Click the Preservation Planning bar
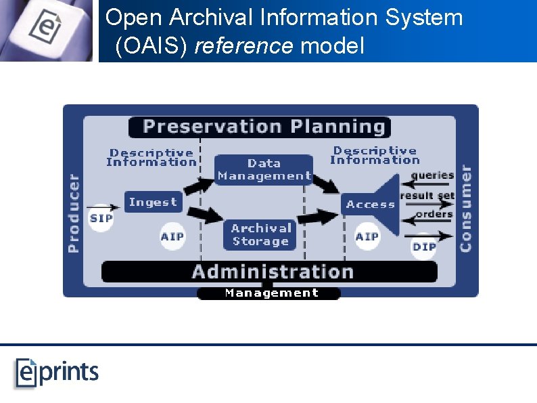click(x=259, y=127)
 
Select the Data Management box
click(x=264, y=169)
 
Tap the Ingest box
click(x=153, y=202)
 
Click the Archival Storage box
click(x=260, y=235)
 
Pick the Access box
click(x=370, y=204)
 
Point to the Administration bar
click(x=271, y=272)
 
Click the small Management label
click(x=271, y=293)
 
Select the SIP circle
click(x=101, y=218)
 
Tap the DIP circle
click(x=424, y=247)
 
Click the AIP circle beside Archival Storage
click(x=172, y=236)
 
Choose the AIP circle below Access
click(x=367, y=236)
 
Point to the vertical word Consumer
click(x=465, y=208)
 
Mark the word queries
click(x=432, y=175)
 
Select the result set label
click(x=427, y=196)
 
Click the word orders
click(x=434, y=214)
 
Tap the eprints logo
click(x=57, y=373)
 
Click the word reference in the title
click(x=246, y=46)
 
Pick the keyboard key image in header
click(x=46, y=30)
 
